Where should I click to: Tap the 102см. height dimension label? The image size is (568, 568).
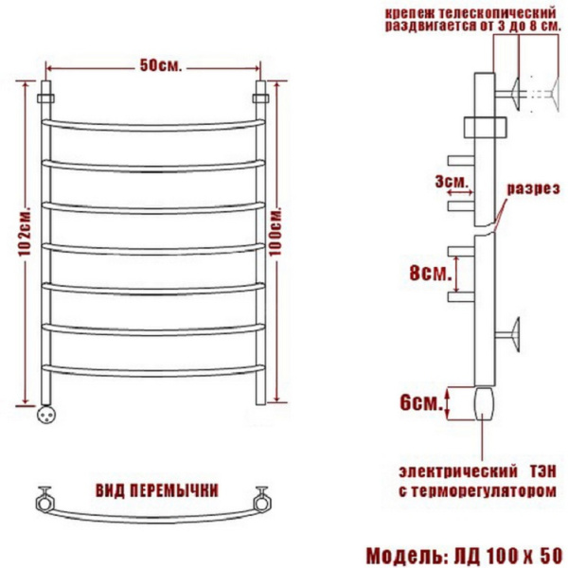(25, 232)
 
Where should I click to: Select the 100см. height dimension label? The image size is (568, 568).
(275, 232)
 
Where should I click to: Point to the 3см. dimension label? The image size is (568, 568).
(451, 182)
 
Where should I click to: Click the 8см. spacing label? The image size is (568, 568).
(431, 274)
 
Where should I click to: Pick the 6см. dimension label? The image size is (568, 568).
(421, 403)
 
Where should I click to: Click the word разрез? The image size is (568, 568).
(533, 189)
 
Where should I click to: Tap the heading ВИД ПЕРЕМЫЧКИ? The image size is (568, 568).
(157, 490)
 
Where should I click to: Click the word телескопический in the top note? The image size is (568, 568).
(497, 14)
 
